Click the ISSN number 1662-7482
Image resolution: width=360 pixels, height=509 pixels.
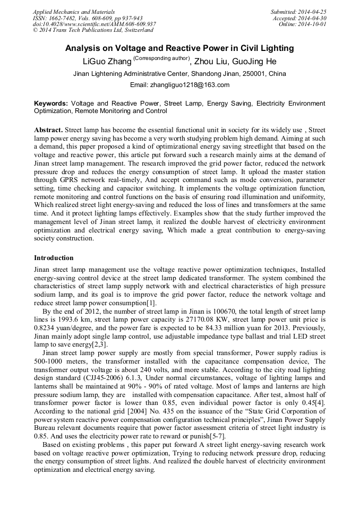pos(65,18)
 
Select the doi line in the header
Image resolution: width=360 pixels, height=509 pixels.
pos(94,24)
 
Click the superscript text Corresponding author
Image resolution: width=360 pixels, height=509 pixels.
pos(161,58)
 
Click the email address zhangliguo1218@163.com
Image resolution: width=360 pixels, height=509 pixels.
pos(190,85)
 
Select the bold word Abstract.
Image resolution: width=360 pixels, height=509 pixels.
pos(49,130)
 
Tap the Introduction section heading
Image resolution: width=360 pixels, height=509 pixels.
pos(54,258)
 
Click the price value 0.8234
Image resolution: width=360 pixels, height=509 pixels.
pos(45,327)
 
